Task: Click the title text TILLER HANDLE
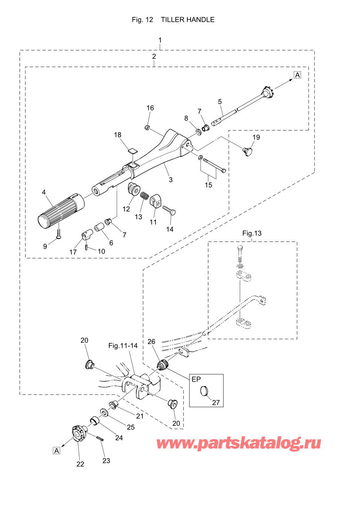pyautogui.click(x=187, y=20)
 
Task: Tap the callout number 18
pyautogui.click(x=118, y=135)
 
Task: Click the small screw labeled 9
pyautogui.click(x=58, y=235)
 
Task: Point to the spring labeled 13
pyautogui.click(x=144, y=196)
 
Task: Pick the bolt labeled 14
pyautogui.click(x=169, y=210)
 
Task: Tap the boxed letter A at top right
pyautogui.click(x=298, y=75)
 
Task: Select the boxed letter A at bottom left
pyautogui.click(x=57, y=450)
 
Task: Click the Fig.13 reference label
pyautogui.click(x=252, y=233)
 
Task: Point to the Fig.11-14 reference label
pyautogui.click(x=123, y=346)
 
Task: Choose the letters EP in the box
pyautogui.click(x=196, y=379)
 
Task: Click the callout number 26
pyautogui.click(x=151, y=341)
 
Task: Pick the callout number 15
pyautogui.click(x=208, y=185)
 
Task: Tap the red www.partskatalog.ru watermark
pyautogui.click(x=239, y=443)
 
